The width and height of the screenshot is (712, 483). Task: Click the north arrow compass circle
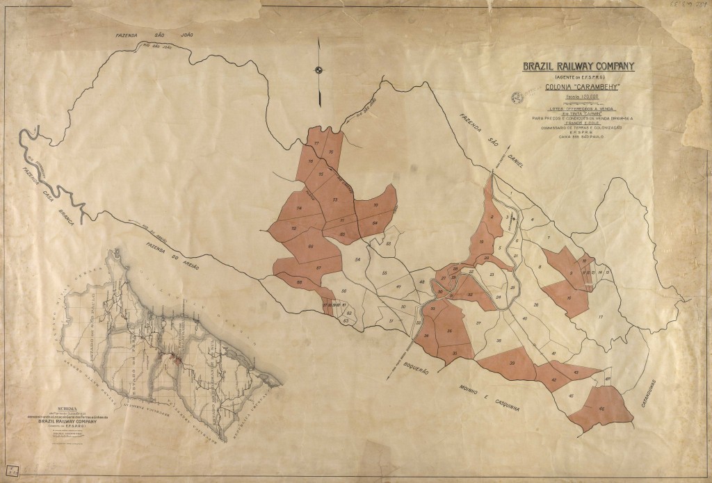point(319,69)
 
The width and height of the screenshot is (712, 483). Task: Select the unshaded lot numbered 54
point(357,259)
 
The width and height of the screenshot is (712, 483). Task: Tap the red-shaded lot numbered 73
point(335,200)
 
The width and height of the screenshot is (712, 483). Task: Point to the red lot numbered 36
point(450,331)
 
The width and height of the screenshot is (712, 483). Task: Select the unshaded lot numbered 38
point(499,342)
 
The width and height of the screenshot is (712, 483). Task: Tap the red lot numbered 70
point(375,206)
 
